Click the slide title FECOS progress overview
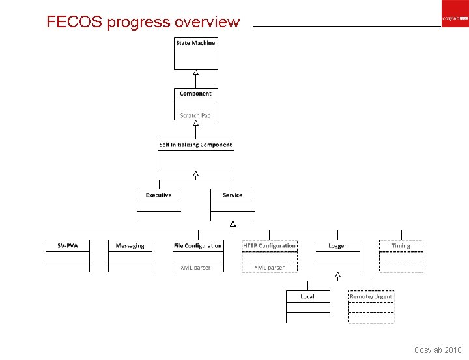point(143,22)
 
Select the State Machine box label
point(195,43)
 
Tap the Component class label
point(195,94)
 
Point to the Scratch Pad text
point(195,115)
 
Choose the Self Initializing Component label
point(195,145)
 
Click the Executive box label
point(158,195)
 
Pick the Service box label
point(233,195)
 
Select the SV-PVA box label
point(68,245)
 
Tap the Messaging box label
point(130,245)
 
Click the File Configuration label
point(197,245)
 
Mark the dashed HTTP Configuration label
point(269,245)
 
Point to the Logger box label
point(337,245)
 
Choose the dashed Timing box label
point(401,245)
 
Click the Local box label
point(307,296)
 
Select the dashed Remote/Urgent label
point(371,296)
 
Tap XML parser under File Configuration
point(195,267)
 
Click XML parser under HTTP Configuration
point(269,267)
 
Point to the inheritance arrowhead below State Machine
point(195,72)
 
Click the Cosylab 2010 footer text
point(438,350)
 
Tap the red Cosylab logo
point(455,19)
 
